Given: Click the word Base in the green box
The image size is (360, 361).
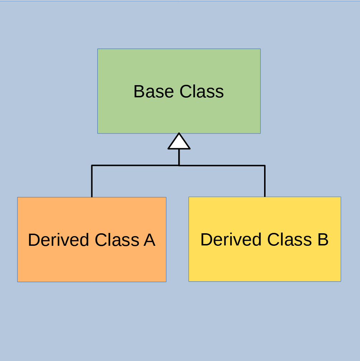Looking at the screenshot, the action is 154,91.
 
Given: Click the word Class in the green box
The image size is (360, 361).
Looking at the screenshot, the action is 201,91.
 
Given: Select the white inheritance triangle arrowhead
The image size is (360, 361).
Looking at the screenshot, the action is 179,141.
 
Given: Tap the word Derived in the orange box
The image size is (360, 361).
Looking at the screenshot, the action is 58,240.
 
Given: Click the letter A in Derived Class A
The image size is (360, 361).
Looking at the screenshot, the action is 150,240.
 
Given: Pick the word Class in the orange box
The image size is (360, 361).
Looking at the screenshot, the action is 117,240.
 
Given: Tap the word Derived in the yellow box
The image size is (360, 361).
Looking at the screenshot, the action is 231,239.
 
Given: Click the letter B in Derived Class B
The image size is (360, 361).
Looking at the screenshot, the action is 323,239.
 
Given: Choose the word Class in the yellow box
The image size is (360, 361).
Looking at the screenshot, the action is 290,239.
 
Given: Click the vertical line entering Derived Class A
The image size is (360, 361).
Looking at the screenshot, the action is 92,181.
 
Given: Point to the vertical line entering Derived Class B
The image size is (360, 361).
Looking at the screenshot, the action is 265,181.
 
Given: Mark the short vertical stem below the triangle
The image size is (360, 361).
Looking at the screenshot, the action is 179,157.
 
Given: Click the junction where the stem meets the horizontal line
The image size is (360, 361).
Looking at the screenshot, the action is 179,165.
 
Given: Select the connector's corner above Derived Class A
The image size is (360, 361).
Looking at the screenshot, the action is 92,165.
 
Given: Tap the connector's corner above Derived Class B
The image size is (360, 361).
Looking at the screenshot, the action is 265,166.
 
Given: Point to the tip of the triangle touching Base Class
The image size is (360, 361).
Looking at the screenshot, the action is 179,133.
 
